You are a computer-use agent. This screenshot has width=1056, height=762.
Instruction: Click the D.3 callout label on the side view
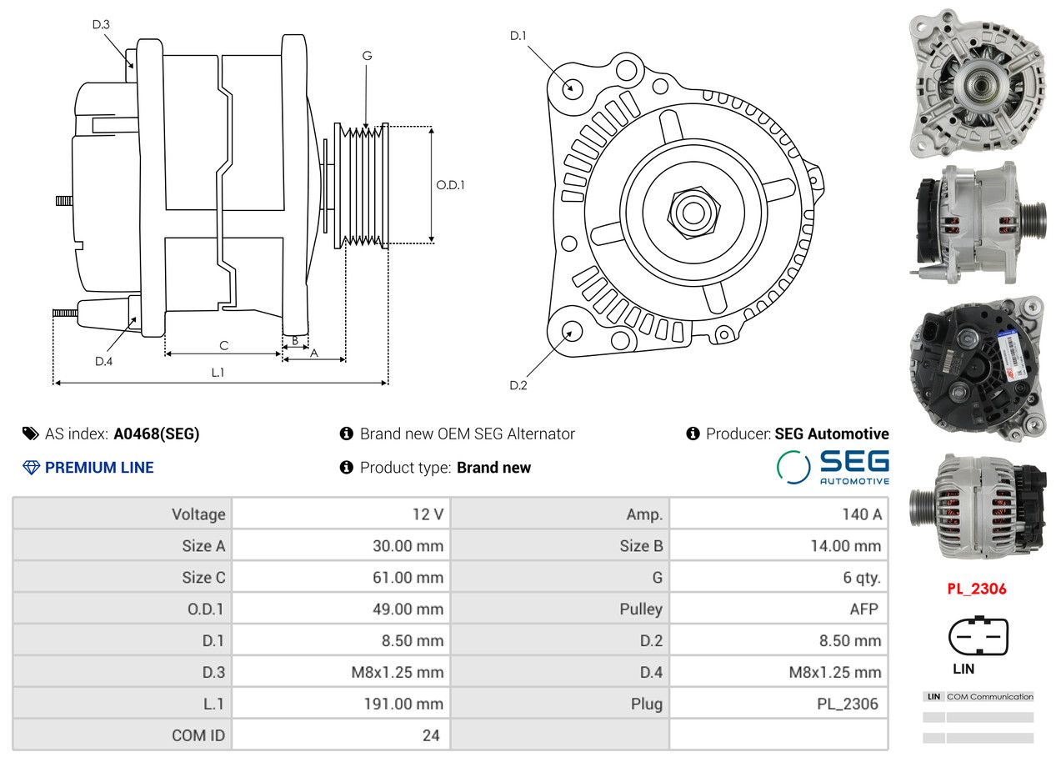coord(101,24)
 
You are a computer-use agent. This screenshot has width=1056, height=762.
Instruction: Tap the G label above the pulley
coord(367,56)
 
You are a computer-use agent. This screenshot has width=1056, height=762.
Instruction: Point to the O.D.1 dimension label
coord(450,185)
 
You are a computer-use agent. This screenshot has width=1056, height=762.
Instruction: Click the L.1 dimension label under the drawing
coord(218,373)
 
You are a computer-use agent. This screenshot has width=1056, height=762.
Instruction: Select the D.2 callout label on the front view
coord(518,385)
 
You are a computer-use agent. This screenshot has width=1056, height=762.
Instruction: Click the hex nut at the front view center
coord(693,213)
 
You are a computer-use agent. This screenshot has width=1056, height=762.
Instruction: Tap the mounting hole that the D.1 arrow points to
coord(573,88)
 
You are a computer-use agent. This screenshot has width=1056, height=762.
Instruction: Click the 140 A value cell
coord(778,514)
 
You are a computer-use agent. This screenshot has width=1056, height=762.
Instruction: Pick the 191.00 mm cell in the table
coord(341,703)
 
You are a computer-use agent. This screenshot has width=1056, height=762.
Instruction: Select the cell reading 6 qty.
coord(778,577)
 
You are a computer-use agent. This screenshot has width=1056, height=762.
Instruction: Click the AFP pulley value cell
coord(778,609)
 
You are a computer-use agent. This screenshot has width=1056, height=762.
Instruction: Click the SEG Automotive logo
coord(833,467)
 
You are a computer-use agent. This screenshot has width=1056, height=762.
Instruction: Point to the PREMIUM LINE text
coord(99,468)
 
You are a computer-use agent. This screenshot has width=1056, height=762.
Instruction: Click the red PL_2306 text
coord(977,589)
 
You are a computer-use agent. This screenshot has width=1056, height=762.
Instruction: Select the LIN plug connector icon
coord(978,635)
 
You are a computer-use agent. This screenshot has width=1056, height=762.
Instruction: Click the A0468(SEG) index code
coord(157,434)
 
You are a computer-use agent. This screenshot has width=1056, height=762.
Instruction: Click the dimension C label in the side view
coord(224,345)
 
